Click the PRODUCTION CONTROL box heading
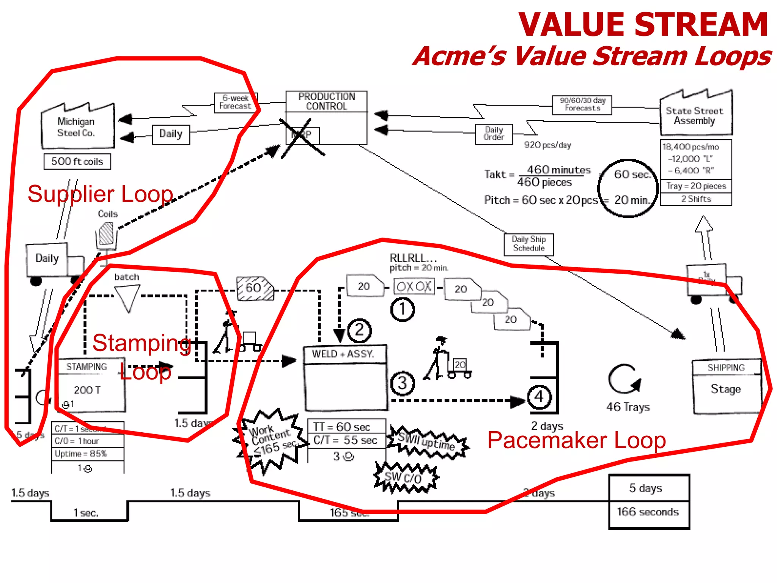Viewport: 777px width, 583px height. coord(326,101)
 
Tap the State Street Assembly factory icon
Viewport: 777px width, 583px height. coord(695,115)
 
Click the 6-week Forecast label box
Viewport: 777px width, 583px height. coord(236,102)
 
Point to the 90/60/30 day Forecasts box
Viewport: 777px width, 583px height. coord(582,104)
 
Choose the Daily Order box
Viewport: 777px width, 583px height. coord(494,134)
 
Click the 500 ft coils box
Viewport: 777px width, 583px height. coord(77,161)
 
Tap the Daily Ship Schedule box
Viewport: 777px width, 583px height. coord(528,244)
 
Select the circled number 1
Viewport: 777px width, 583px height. coord(402,309)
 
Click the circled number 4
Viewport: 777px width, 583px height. coord(539,397)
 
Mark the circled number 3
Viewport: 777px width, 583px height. coord(402,383)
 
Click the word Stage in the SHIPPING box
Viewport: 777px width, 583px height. coord(725,389)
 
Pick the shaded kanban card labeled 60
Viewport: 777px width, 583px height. coord(255,288)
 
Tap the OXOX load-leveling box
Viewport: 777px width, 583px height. coord(414,286)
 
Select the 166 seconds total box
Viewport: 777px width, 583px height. coord(648,512)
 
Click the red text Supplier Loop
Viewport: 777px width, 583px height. coord(100,194)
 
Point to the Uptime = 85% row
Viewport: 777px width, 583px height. coord(88,454)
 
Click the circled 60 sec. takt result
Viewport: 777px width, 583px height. coord(632,175)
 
